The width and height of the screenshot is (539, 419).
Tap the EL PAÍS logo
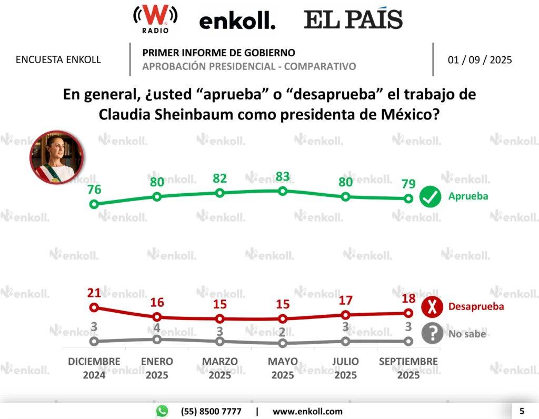tap(353, 20)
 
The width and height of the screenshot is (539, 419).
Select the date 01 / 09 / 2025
tap(480, 59)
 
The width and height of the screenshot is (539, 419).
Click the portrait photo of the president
tap(56, 157)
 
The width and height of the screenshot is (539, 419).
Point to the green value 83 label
tap(283, 176)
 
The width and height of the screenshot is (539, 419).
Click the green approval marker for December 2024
tap(94, 204)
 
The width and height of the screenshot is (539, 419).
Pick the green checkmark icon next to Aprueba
tap(430, 197)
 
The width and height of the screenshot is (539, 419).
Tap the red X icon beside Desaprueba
tap(432, 307)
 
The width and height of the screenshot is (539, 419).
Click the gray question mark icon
tap(432, 333)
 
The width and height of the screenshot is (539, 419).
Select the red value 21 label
tap(94, 293)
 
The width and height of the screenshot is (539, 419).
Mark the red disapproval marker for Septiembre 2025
tap(408, 313)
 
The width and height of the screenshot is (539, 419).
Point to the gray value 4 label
tap(156, 328)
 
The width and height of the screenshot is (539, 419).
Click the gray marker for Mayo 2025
tap(283, 343)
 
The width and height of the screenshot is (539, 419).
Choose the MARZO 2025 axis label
tap(219, 368)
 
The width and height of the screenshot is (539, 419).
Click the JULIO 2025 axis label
tap(346, 368)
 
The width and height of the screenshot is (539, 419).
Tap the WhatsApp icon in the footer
tap(162, 411)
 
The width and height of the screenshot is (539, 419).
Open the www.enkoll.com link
tap(307, 412)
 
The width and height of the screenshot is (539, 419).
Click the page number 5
tap(522, 411)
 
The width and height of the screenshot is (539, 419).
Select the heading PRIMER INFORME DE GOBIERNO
tap(218, 53)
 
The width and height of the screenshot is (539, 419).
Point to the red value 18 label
tap(408, 298)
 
